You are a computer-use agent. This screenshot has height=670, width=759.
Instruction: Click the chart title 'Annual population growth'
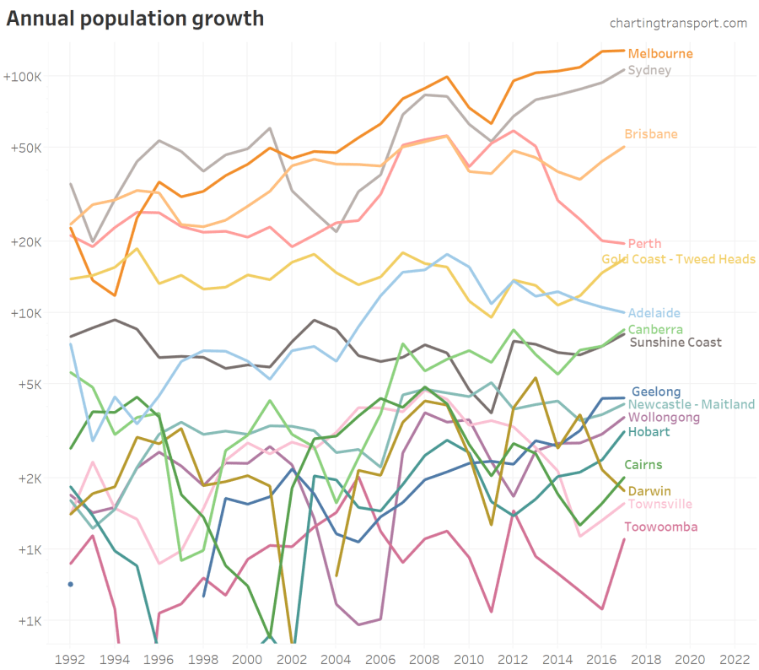pyautogui.click(x=135, y=18)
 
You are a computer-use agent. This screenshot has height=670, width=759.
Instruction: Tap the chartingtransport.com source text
pyautogui.click(x=678, y=23)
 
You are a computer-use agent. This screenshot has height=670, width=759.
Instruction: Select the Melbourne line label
pyautogui.click(x=660, y=54)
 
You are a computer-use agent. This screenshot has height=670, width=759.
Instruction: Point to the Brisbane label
pyautogui.click(x=650, y=134)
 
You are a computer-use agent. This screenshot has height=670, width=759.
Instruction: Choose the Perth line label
pyautogui.click(x=644, y=244)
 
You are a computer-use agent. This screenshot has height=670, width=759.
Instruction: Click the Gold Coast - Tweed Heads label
pyautogui.click(x=678, y=259)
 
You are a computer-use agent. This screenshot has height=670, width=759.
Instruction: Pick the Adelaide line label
pyautogui.click(x=654, y=313)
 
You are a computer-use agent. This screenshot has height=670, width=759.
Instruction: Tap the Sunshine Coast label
pyautogui.click(x=676, y=343)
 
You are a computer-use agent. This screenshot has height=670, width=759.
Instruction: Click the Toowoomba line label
pyautogui.click(x=661, y=527)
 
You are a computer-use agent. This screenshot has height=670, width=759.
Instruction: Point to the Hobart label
pyautogui.click(x=649, y=432)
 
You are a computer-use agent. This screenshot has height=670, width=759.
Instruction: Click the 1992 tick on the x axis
pyautogui.click(x=70, y=657)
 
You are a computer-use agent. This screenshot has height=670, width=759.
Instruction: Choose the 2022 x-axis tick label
pyautogui.click(x=733, y=657)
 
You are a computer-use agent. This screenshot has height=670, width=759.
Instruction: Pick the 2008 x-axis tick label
pyautogui.click(x=423, y=657)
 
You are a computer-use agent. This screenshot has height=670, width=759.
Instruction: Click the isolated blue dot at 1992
pyautogui.click(x=71, y=584)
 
